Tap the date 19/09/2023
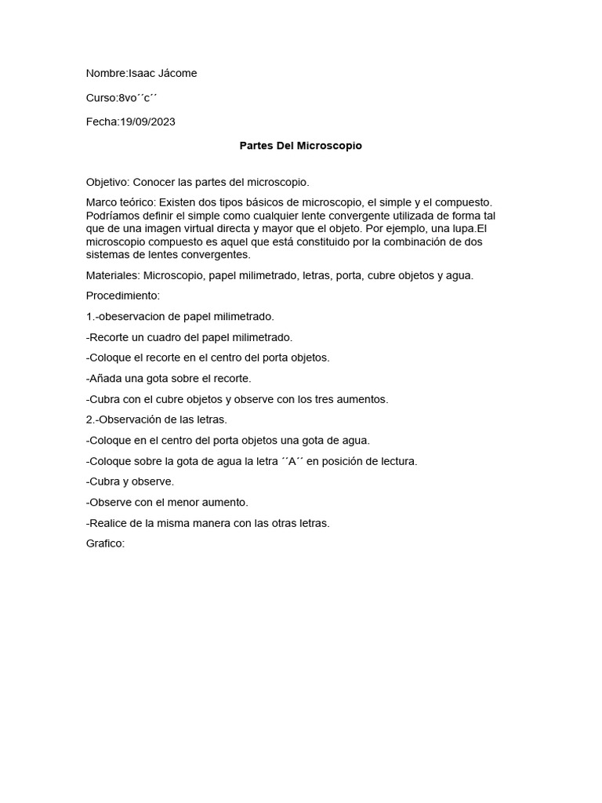pyautogui.click(x=147, y=122)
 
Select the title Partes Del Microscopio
pyautogui.click(x=300, y=146)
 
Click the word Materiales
pyautogui.click(x=111, y=276)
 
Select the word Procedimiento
pyautogui.click(x=122, y=296)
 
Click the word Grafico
pyautogui.click(x=105, y=543)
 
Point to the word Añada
pyautogui.click(x=107, y=379)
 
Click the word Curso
pyautogui.click(x=100, y=98)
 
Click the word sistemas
pyautogui.click(x=108, y=255)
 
